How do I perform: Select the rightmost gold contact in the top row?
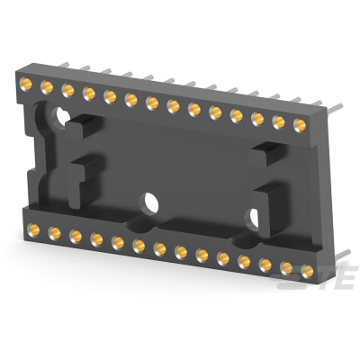[x=302, y=125]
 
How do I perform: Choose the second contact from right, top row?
[x=281, y=121]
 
